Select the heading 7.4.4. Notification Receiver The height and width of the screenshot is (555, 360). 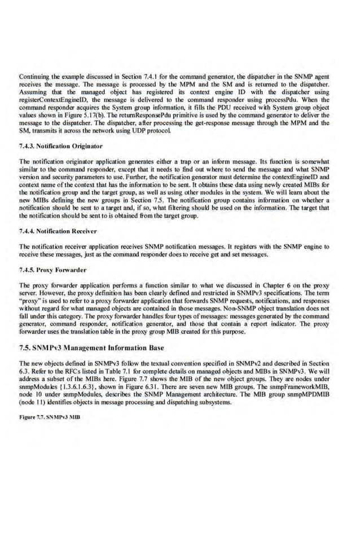tap(58, 231)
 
